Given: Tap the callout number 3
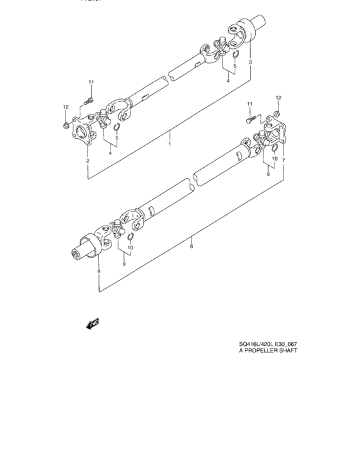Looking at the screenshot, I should (250, 62).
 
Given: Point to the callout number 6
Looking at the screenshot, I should (191, 245).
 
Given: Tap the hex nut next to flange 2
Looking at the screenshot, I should (67, 123).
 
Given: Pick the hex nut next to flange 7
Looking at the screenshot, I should (276, 114).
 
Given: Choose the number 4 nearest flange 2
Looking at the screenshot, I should (112, 153).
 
